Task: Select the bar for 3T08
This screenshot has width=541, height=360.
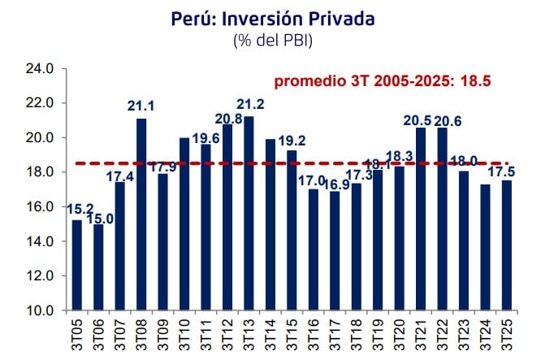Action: point(141,215)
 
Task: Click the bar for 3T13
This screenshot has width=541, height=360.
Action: point(248,214)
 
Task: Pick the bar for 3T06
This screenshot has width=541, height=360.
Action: point(98,267)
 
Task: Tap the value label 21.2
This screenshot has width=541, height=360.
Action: point(249,106)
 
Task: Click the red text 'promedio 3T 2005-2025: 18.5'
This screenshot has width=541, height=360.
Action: point(383,81)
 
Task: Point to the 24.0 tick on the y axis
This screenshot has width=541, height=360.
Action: point(39,70)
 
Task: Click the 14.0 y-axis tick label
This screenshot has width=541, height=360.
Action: point(39,242)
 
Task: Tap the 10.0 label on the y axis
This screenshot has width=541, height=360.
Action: point(39,311)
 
